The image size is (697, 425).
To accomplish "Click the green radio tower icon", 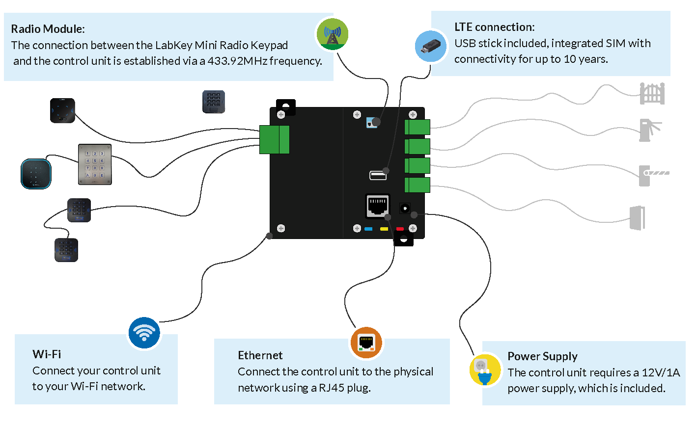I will pyautogui.click(x=332, y=34).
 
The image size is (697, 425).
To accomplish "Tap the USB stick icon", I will pyautogui.click(x=431, y=47).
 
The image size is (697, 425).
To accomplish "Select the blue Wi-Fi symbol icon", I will pyautogui.click(x=144, y=333).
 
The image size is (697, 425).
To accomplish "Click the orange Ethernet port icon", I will pyautogui.click(x=366, y=342).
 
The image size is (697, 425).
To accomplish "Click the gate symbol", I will pyautogui.click(x=652, y=93).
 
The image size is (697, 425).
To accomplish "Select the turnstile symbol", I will pyautogui.click(x=649, y=130).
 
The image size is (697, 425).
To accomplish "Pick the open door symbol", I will pyautogui.click(x=637, y=217).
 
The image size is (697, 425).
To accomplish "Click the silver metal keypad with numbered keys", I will pyautogui.click(x=95, y=164).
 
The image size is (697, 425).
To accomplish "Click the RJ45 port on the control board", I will pyautogui.click(x=377, y=206).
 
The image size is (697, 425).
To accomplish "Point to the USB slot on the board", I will pyautogui.click(x=377, y=175).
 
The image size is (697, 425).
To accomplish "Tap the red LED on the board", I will pyautogui.click(x=400, y=229).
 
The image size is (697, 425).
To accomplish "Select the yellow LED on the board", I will pyautogui.click(x=384, y=229).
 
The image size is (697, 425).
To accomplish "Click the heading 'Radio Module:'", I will pyautogui.click(x=48, y=29).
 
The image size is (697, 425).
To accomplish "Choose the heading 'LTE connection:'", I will pyautogui.click(x=494, y=27).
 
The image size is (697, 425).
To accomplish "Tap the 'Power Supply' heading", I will pyautogui.click(x=542, y=356).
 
